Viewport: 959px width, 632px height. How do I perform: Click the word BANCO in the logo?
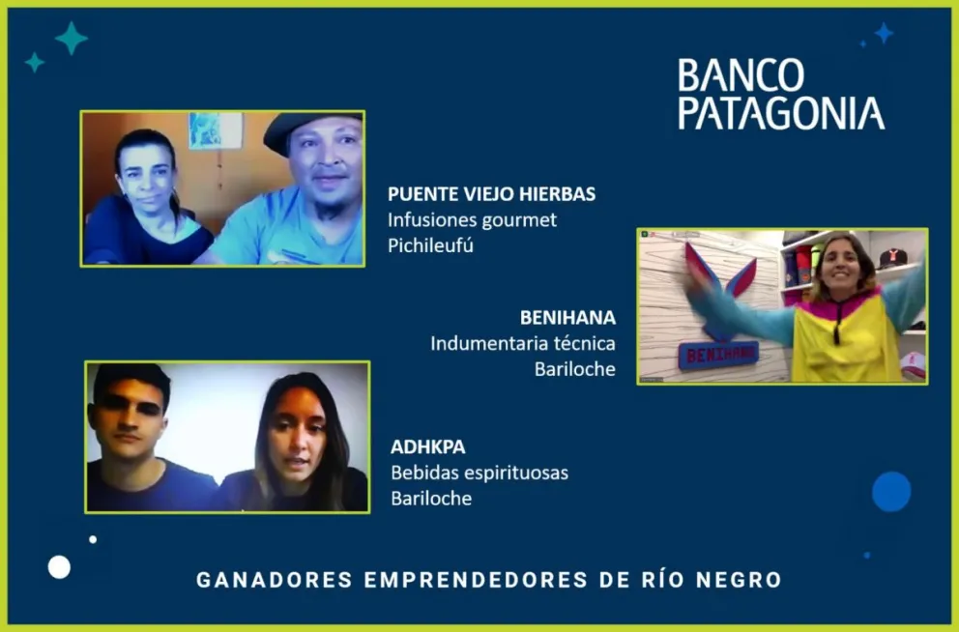click(x=741, y=75)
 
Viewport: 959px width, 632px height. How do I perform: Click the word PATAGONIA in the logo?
click(x=781, y=113)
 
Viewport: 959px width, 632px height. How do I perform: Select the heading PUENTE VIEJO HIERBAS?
click(x=491, y=193)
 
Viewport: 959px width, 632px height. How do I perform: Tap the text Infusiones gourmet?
click(x=472, y=219)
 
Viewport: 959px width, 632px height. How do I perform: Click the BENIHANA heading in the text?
click(x=567, y=317)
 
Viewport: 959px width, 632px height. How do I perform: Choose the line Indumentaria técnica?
click(x=523, y=343)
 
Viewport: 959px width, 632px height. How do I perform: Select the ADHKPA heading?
click(x=427, y=447)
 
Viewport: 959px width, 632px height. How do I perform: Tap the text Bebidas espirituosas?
click(x=479, y=474)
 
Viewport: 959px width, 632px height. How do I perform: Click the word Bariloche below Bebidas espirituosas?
click(x=431, y=499)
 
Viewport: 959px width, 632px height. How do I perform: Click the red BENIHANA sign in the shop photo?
click(x=717, y=355)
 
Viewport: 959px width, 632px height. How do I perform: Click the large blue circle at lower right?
click(x=891, y=491)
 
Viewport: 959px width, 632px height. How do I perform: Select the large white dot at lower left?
click(x=59, y=567)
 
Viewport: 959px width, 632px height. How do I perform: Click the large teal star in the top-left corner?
click(x=71, y=39)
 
